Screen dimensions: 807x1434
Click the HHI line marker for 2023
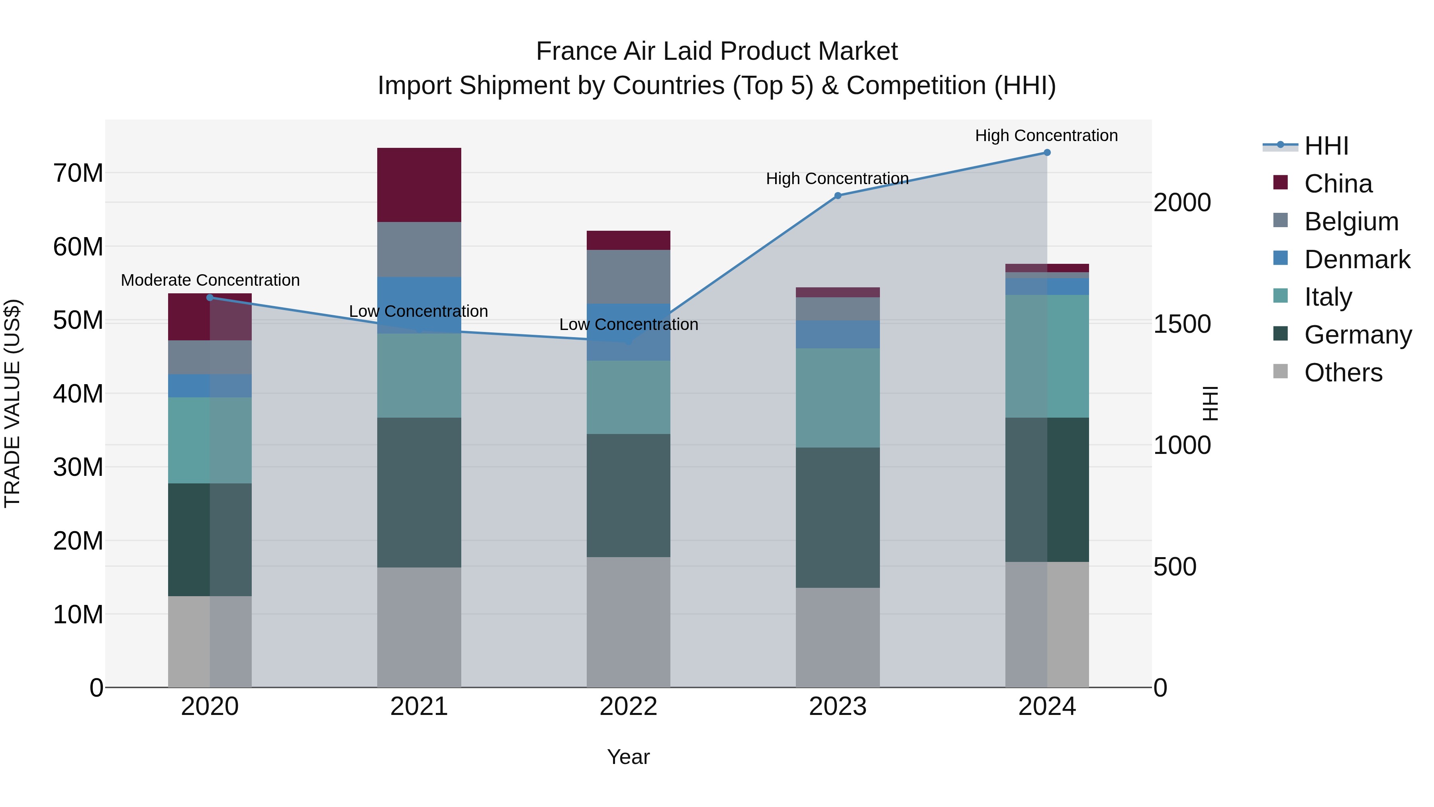(x=837, y=196)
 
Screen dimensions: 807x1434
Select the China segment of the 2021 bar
(x=419, y=185)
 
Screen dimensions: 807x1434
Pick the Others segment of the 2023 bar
(x=837, y=637)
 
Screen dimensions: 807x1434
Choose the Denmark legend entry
(x=1357, y=259)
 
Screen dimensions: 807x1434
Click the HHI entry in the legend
(x=1326, y=146)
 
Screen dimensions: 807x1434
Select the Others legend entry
(x=1343, y=373)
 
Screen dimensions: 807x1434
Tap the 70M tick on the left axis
(x=78, y=173)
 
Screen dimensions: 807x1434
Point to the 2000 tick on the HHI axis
(x=1182, y=203)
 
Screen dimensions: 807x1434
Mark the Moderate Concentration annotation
(x=210, y=280)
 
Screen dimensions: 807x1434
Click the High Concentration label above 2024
(x=1046, y=135)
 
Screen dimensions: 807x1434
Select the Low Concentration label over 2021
(x=418, y=311)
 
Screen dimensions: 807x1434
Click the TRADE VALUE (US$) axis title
(x=12, y=403)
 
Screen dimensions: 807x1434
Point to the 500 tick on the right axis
(x=1175, y=567)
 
